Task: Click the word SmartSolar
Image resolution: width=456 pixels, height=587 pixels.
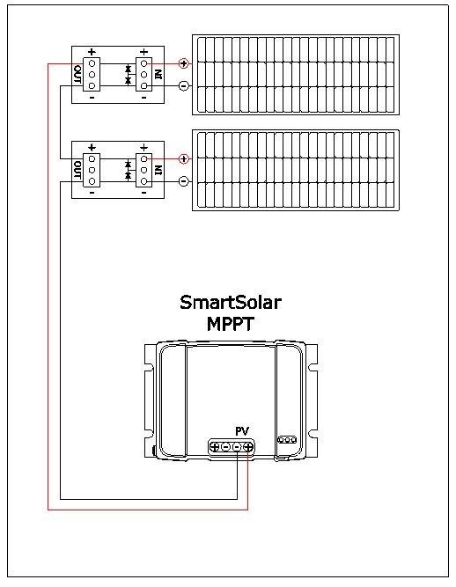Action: (x=231, y=304)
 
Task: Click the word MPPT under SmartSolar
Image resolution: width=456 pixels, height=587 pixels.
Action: (x=231, y=324)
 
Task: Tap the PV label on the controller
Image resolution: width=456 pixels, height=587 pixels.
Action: (x=242, y=430)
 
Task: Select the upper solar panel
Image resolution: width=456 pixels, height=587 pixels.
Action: (x=297, y=75)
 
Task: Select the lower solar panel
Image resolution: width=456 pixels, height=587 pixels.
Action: (x=297, y=171)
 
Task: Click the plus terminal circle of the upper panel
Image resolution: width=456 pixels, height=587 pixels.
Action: (x=183, y=63)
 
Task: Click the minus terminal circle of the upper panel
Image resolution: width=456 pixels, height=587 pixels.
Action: (x=183, y=86)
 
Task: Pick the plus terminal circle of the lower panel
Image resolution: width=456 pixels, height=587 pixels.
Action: (x=183, y=159)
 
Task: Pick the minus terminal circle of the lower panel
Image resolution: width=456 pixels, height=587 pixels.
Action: (x=183, y=182)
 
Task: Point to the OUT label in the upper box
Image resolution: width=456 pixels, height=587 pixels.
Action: (x=77, y=74)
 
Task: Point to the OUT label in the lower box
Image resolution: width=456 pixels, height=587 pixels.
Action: (x=77, y=170)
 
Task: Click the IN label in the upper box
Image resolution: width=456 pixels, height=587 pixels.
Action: (x=158, y=74)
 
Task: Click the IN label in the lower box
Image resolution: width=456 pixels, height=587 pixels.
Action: (x=158, y=170)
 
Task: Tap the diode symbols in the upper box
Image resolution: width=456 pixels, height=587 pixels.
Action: (x=128, y=74)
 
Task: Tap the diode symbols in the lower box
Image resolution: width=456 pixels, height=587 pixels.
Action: (x=128, y=170)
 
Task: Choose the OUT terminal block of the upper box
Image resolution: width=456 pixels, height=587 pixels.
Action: (x=92, y=74)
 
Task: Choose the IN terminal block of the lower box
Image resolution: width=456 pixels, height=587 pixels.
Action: (x=143, y=170)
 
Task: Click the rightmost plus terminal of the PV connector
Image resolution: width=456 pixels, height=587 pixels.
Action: (x=249, y=447)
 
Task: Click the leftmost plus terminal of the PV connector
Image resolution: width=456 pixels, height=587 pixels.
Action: (x=215, y=447)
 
